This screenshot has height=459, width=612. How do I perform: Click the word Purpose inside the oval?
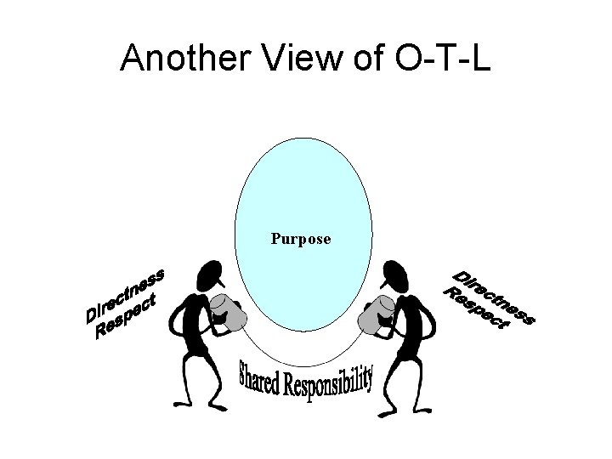click(x=301, y=239)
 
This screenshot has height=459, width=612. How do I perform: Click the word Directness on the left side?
click(x=124, y=295)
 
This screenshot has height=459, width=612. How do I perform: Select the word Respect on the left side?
click(x=127, y=314)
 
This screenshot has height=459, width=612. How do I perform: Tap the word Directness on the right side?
click(x=494, y=297)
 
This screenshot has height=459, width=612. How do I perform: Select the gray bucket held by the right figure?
click(x=375, y=315)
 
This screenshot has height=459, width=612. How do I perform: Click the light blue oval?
click(x=303, y=187)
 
